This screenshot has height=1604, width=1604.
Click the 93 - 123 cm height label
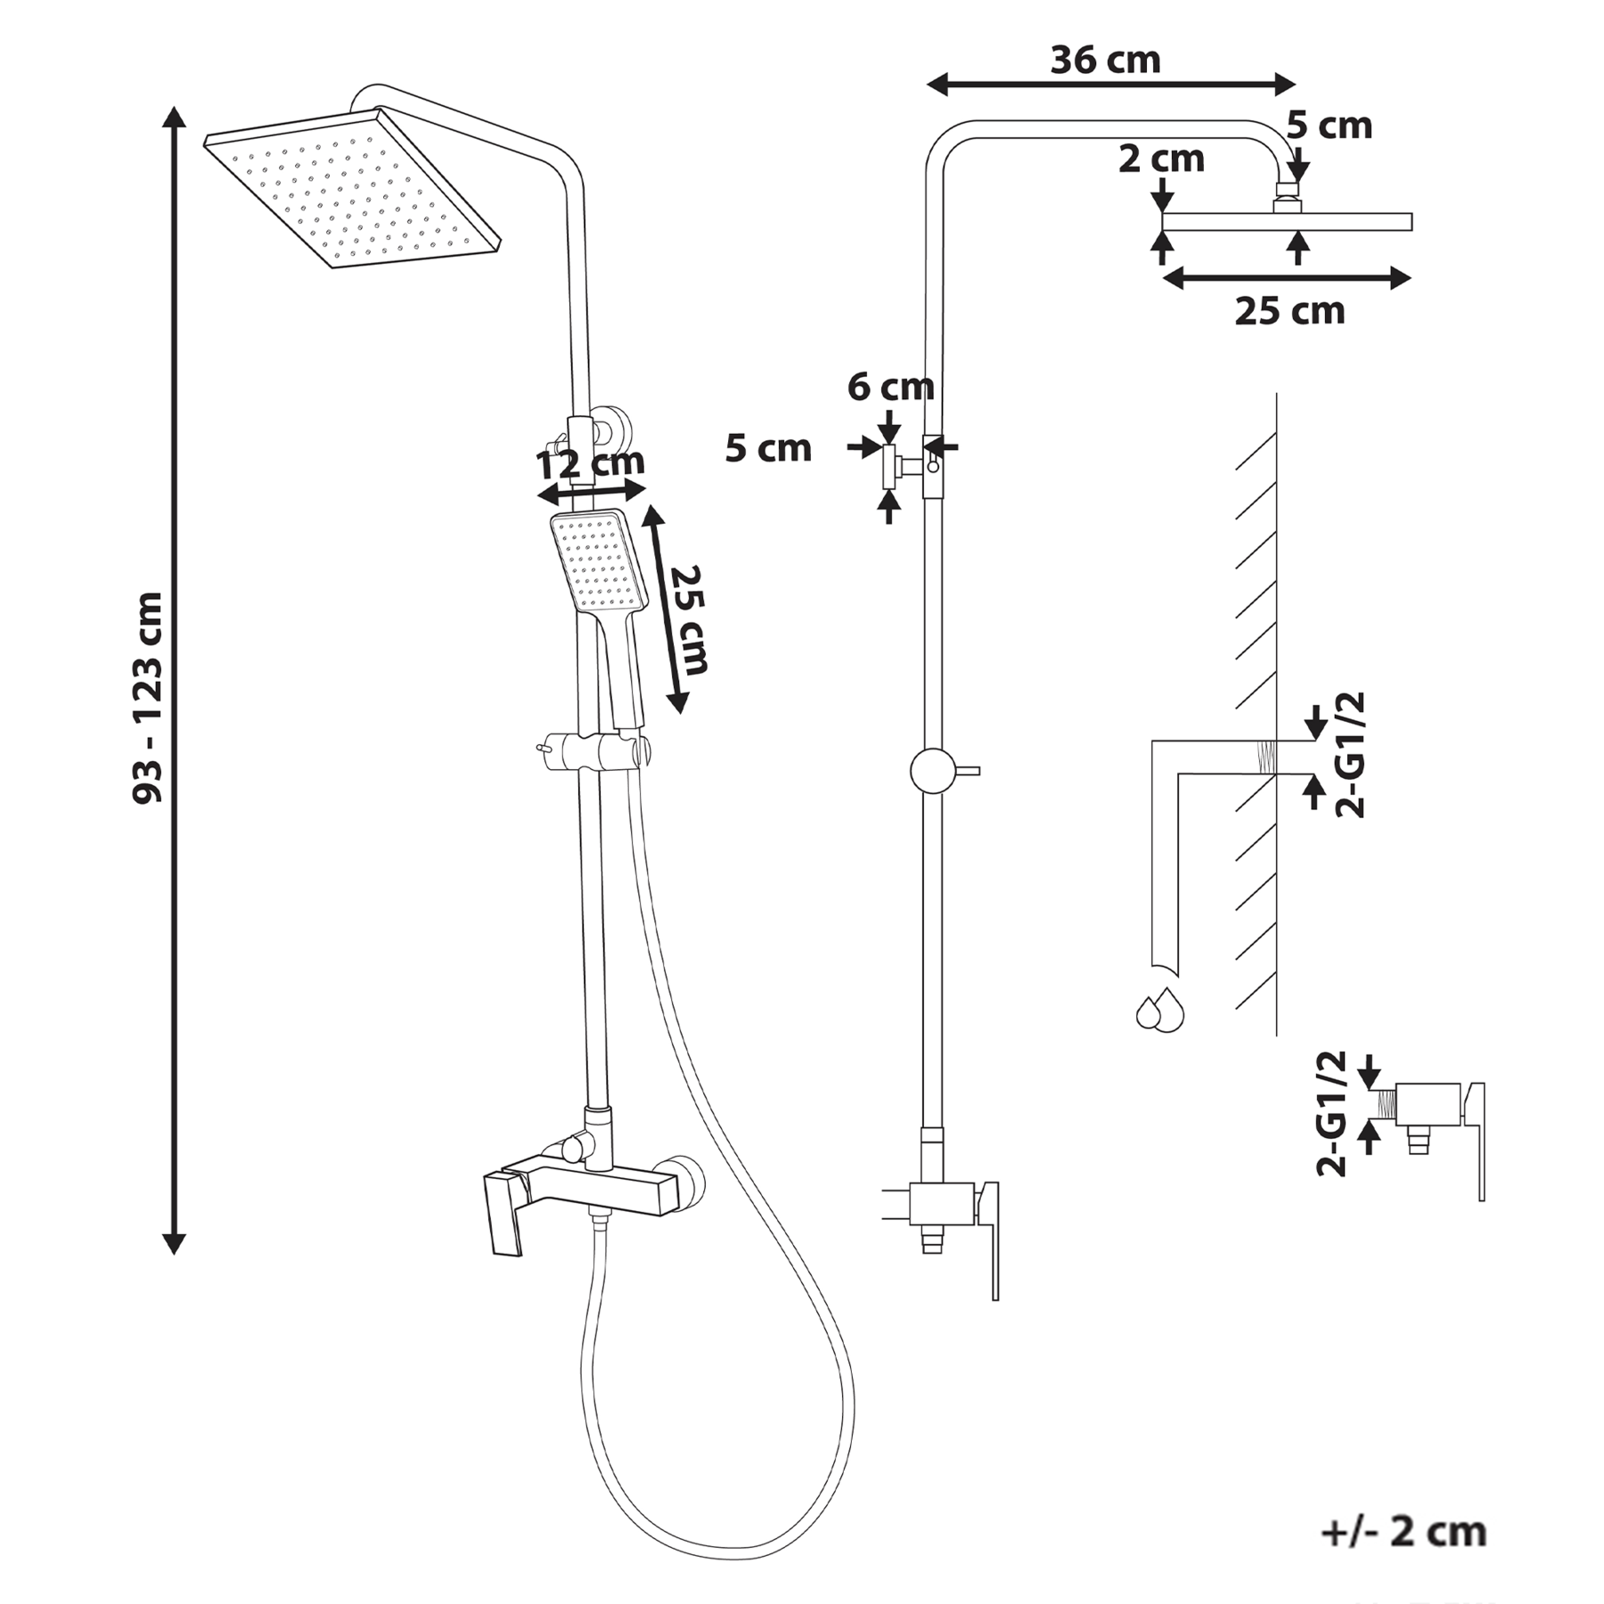pos(148,698)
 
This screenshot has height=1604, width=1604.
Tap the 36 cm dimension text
pos(1106,61)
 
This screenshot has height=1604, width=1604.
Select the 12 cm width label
pos(591,463)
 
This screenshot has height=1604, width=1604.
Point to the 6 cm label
pos(890,387)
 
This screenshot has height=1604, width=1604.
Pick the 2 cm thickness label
pos(1161,160)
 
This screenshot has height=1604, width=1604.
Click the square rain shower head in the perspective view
pos(353,188)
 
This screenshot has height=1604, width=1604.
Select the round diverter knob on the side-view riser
pos(933,771)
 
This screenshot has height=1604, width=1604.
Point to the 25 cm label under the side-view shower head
pos(1289,311)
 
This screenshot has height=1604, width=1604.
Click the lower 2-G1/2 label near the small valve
pos(1331,1114)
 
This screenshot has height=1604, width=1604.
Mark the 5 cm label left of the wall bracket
pos(768,448)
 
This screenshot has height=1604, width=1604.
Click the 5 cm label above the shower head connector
pos(1329,126)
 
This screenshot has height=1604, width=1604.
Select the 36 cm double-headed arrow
pos(1110,86)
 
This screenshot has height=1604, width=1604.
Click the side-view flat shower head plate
pos(1288,222)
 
